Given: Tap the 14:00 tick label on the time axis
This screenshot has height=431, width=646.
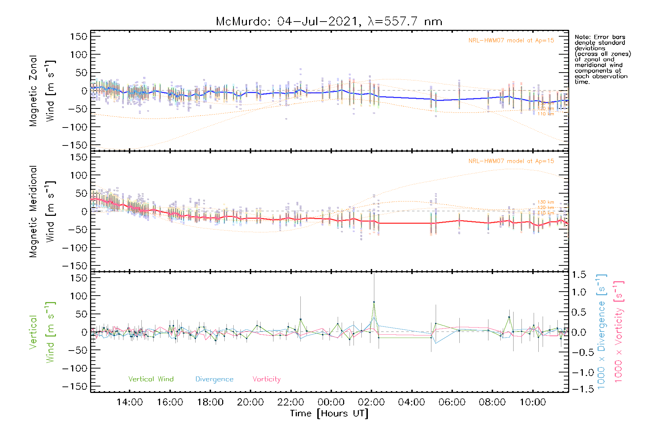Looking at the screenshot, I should pos(130,402).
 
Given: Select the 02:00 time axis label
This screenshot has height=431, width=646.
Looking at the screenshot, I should pos(371,402).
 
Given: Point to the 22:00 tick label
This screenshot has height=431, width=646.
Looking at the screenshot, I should pos(291,402).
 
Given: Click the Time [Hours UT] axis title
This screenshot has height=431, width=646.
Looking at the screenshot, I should pos(329,413).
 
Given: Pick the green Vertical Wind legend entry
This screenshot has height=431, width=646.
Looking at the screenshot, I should pos(151,379).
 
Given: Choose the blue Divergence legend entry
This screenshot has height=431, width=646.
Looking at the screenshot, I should pos(214,379).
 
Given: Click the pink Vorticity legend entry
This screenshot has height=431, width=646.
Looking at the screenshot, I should pos(266,379).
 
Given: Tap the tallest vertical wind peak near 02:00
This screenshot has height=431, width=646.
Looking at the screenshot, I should pos(374,302).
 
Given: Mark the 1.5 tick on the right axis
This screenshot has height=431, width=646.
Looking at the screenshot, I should pos(579,275).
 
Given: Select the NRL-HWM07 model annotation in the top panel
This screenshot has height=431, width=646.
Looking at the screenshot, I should pos(511,41).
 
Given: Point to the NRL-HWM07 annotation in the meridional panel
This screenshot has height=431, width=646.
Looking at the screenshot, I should pos(511,161).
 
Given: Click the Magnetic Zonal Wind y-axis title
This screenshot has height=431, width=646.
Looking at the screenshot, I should pos(42,91).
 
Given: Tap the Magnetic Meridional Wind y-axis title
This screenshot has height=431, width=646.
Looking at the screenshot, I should pos(42,212).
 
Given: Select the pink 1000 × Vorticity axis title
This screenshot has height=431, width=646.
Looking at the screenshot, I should pos(619,331).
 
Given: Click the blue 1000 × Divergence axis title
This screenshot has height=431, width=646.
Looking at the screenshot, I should pos(601,331).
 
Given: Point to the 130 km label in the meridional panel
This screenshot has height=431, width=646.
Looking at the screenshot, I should pos(546,202).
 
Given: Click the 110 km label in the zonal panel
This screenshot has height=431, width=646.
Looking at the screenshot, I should pos(546,114).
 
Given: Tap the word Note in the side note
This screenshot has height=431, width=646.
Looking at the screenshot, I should pos(582,37).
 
